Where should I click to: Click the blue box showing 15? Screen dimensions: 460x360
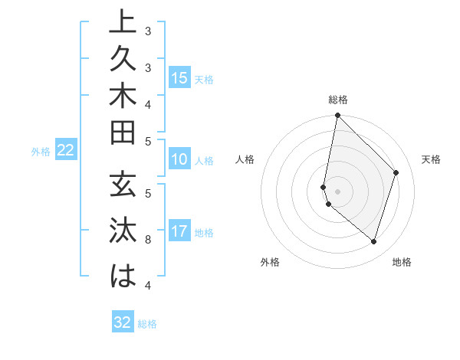[179, 77]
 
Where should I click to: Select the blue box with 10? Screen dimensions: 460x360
[179, 160]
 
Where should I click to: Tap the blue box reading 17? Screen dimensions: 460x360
[179, 231]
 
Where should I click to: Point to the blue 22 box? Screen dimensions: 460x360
[66, 151]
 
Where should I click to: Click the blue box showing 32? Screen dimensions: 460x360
[123, 322]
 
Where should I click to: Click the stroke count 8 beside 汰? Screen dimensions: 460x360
[148, 240]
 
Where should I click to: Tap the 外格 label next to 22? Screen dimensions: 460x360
[41, 152]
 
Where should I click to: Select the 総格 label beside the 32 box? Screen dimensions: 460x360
[147, 324]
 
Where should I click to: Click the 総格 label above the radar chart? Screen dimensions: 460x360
[338, 100]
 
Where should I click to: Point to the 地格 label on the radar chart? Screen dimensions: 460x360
[402, 262]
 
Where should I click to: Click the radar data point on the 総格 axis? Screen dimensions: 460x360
[337, 115]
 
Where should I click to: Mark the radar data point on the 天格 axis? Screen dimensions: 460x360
[396, 172]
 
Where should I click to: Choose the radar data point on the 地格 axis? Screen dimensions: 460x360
[373, 241]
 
